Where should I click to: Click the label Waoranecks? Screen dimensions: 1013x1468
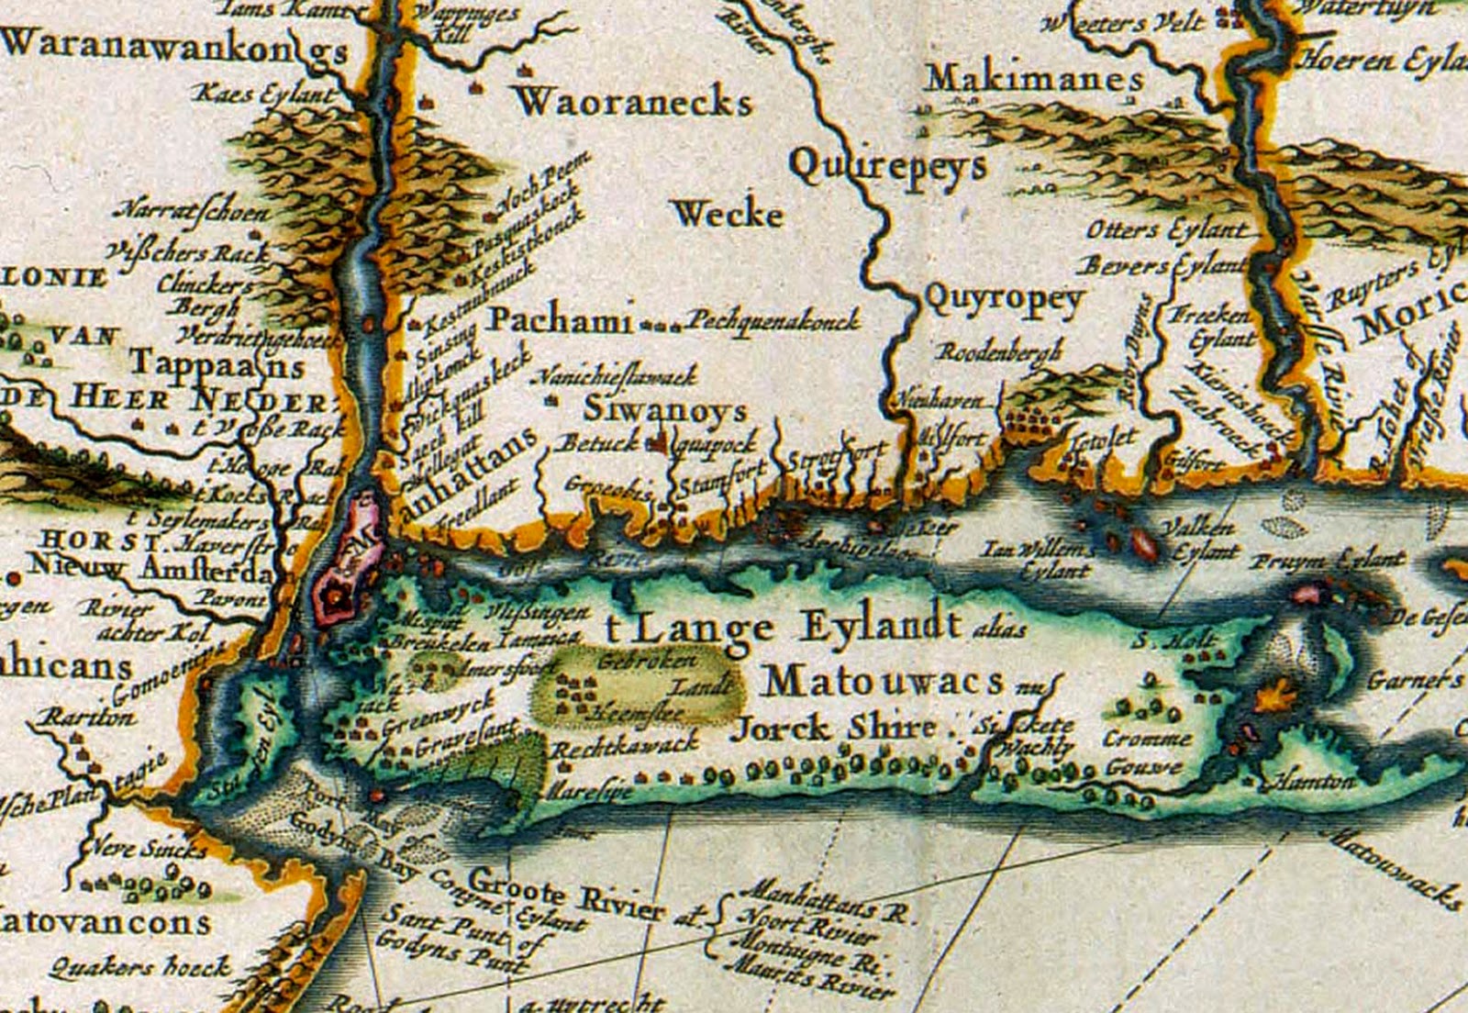[633, 101]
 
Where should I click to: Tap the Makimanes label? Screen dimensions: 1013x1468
[1034, 79]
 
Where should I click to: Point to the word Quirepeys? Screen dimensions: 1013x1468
[887, 166]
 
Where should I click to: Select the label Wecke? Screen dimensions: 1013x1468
[728, 215]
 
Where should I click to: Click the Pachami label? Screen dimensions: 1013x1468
[559, 319]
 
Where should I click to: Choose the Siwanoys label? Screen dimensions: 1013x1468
[665, 409]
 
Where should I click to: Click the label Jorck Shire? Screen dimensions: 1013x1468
[833, 729]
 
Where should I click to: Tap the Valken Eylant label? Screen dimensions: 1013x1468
[1200, 540]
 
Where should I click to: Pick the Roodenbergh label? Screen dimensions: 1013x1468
[999, 351]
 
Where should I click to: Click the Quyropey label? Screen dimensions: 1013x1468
[1005, 298]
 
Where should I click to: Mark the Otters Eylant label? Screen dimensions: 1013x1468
[1166, 229]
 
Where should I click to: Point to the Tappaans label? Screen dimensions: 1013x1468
[217, 363]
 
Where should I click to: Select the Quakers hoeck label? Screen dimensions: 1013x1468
[139, 965]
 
